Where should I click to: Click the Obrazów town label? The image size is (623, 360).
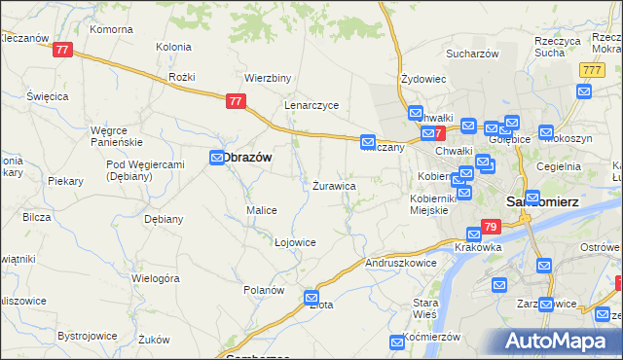point(248,157)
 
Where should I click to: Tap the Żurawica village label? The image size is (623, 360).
point(334,185)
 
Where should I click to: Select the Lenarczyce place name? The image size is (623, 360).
point(311,105)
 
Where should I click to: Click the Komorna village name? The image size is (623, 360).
point(111,29)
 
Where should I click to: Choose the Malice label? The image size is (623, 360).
point(262,210)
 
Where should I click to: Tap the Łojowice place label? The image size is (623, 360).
point(295,242)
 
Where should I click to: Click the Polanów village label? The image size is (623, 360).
point(264,290)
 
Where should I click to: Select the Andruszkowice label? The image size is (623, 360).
point(398,263)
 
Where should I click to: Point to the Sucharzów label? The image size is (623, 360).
point(473,54)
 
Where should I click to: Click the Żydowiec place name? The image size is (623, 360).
point(423,79)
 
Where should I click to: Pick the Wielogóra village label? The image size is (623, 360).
point(157,278)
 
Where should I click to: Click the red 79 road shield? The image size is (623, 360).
point(491,228)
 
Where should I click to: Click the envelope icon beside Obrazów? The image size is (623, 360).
point(217,158)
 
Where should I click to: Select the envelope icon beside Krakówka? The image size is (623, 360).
point(474,234)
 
